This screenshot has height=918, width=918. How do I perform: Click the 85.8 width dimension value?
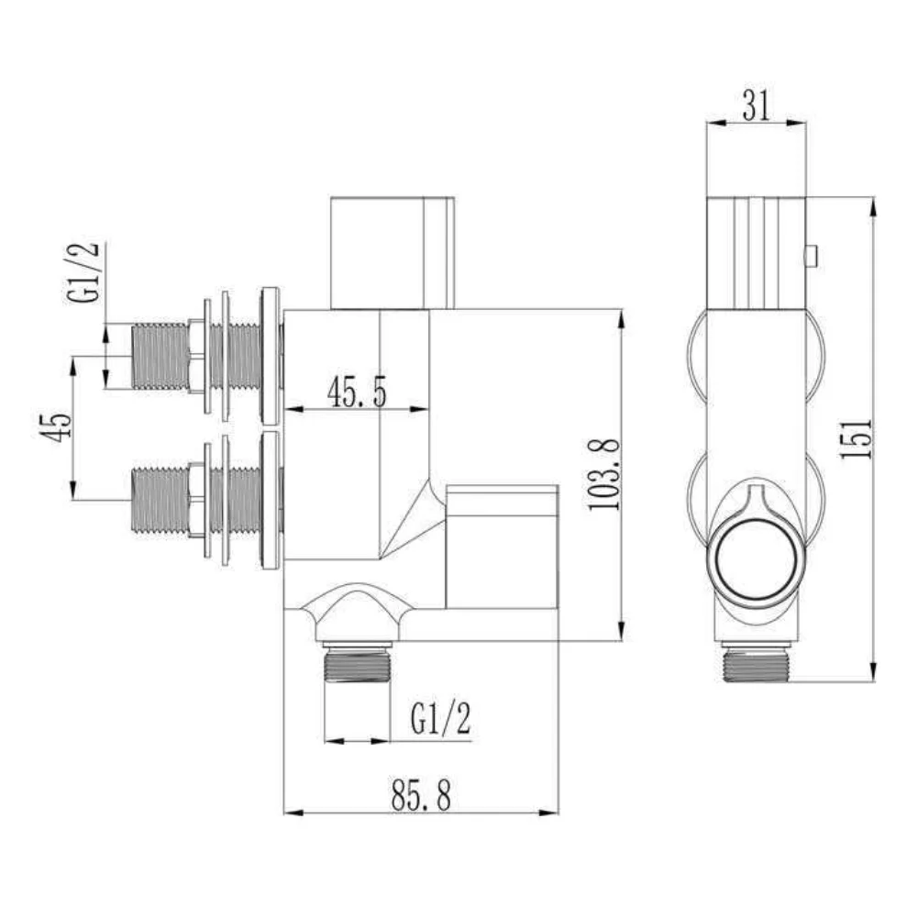421,795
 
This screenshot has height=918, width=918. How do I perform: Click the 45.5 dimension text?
357,393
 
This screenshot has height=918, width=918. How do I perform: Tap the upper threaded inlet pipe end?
160,356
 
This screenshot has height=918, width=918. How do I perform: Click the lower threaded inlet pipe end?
160,500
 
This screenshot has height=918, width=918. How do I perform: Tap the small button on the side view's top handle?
810,256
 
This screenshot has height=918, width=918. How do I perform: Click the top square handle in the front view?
392,252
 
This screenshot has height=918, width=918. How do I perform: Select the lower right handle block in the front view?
502,547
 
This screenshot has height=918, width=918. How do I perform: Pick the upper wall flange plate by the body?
270,356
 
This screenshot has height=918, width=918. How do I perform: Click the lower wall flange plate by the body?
270,500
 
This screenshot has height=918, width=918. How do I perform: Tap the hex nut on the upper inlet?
196,356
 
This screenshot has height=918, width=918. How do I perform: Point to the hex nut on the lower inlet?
196,500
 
